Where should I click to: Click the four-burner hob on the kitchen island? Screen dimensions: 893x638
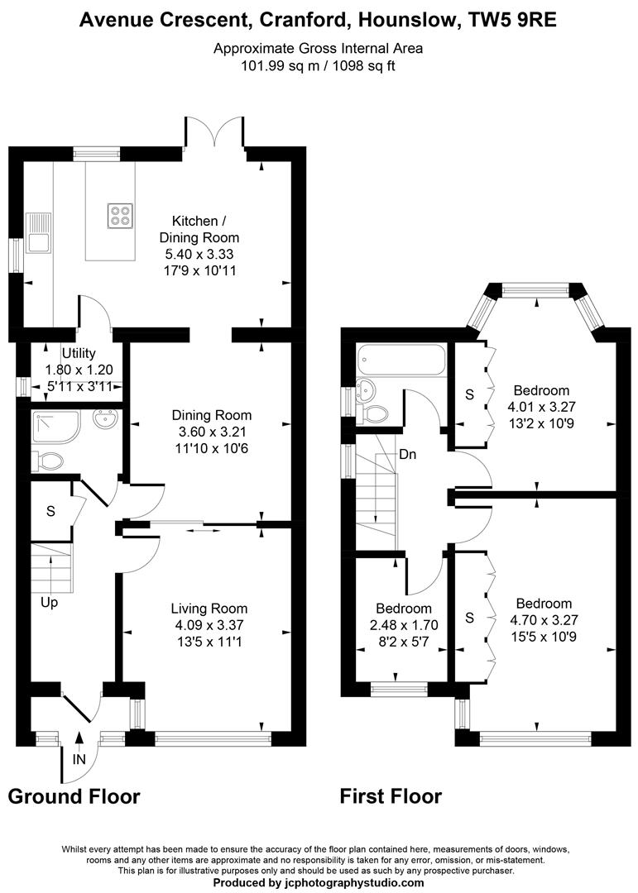coord(119,215)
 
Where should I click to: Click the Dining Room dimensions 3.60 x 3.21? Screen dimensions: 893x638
coord(211,431)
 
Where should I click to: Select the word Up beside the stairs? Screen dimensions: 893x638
coord(50,603)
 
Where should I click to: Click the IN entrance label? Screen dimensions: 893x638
coord(78,757)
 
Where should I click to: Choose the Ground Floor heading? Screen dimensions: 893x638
coord(74,796)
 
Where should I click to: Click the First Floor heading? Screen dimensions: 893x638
coord(391,796)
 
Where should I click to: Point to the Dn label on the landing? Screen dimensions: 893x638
coord(407,454)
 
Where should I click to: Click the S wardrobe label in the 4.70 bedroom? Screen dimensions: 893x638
coord(469,618)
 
